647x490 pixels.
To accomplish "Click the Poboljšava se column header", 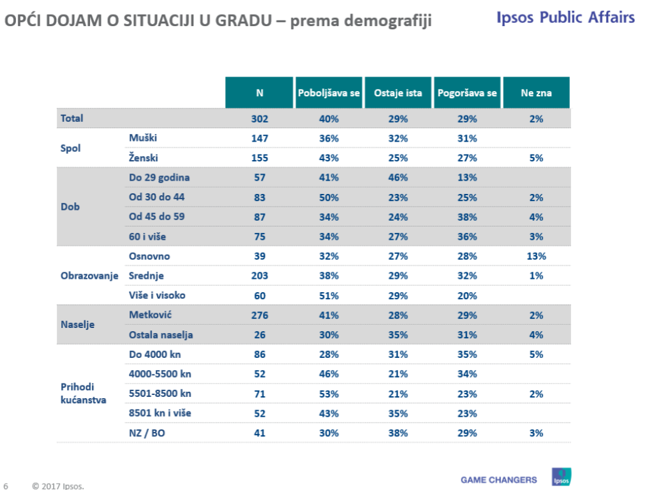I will click(x=329, y=93).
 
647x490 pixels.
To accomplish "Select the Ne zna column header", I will click(x=536, y=93).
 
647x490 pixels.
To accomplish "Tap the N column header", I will click(x=260, y=93).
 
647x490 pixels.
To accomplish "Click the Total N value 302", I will click(x=260, y=119).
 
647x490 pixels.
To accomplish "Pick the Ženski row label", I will click(x=144, y=158).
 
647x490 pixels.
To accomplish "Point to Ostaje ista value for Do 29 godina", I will click(x=399, y=177).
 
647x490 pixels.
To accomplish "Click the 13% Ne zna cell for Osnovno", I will click(x=536, y=256).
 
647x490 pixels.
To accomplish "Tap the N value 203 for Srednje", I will click(x=260, y=276).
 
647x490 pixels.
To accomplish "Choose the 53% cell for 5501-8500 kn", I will click(x=329, y=394).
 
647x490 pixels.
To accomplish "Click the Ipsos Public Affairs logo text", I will click(x=565, y=17).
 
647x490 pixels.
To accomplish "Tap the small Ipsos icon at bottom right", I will click(x=561, y=477).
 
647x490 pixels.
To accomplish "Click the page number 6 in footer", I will click(x=6, y=486).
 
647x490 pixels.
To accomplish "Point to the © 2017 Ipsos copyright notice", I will click(x=58, y=486).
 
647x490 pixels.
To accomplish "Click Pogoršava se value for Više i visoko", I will click(x=467, y=295).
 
